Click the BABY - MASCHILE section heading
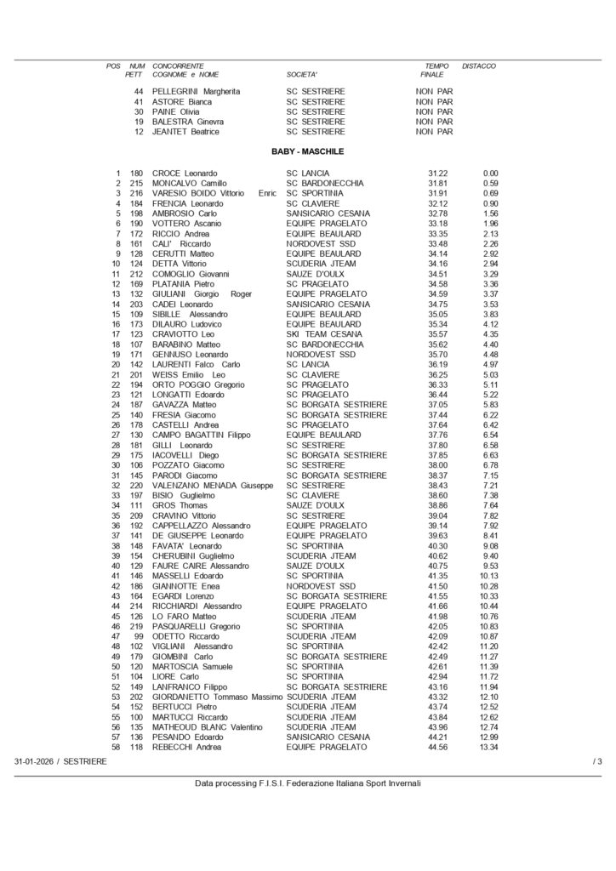[307, 151]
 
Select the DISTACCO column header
[478, 65]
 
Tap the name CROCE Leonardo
[184, 174]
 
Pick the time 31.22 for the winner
[438, 174]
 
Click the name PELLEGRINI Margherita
[196, 91]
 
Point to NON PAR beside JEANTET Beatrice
[434, 132]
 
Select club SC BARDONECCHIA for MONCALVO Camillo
[325, 183]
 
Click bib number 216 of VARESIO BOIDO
[138, 193]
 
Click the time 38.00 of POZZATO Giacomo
[438, 465]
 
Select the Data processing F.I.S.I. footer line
[307, 783]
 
